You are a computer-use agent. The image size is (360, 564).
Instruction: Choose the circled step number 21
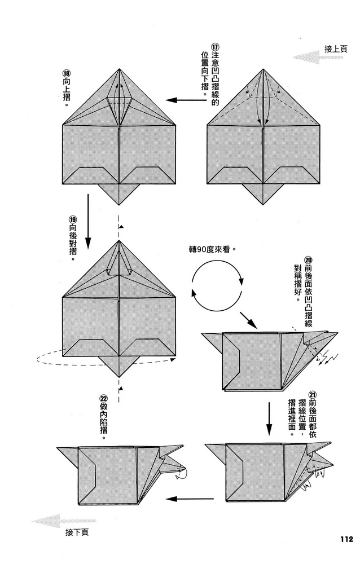point(312,393)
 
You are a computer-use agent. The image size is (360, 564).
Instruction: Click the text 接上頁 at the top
point(336,49)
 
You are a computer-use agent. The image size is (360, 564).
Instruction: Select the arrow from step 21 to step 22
point(190,499)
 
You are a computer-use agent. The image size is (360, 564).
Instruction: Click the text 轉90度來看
point(212,248)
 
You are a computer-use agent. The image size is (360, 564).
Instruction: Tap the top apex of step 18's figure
point(119,69)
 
